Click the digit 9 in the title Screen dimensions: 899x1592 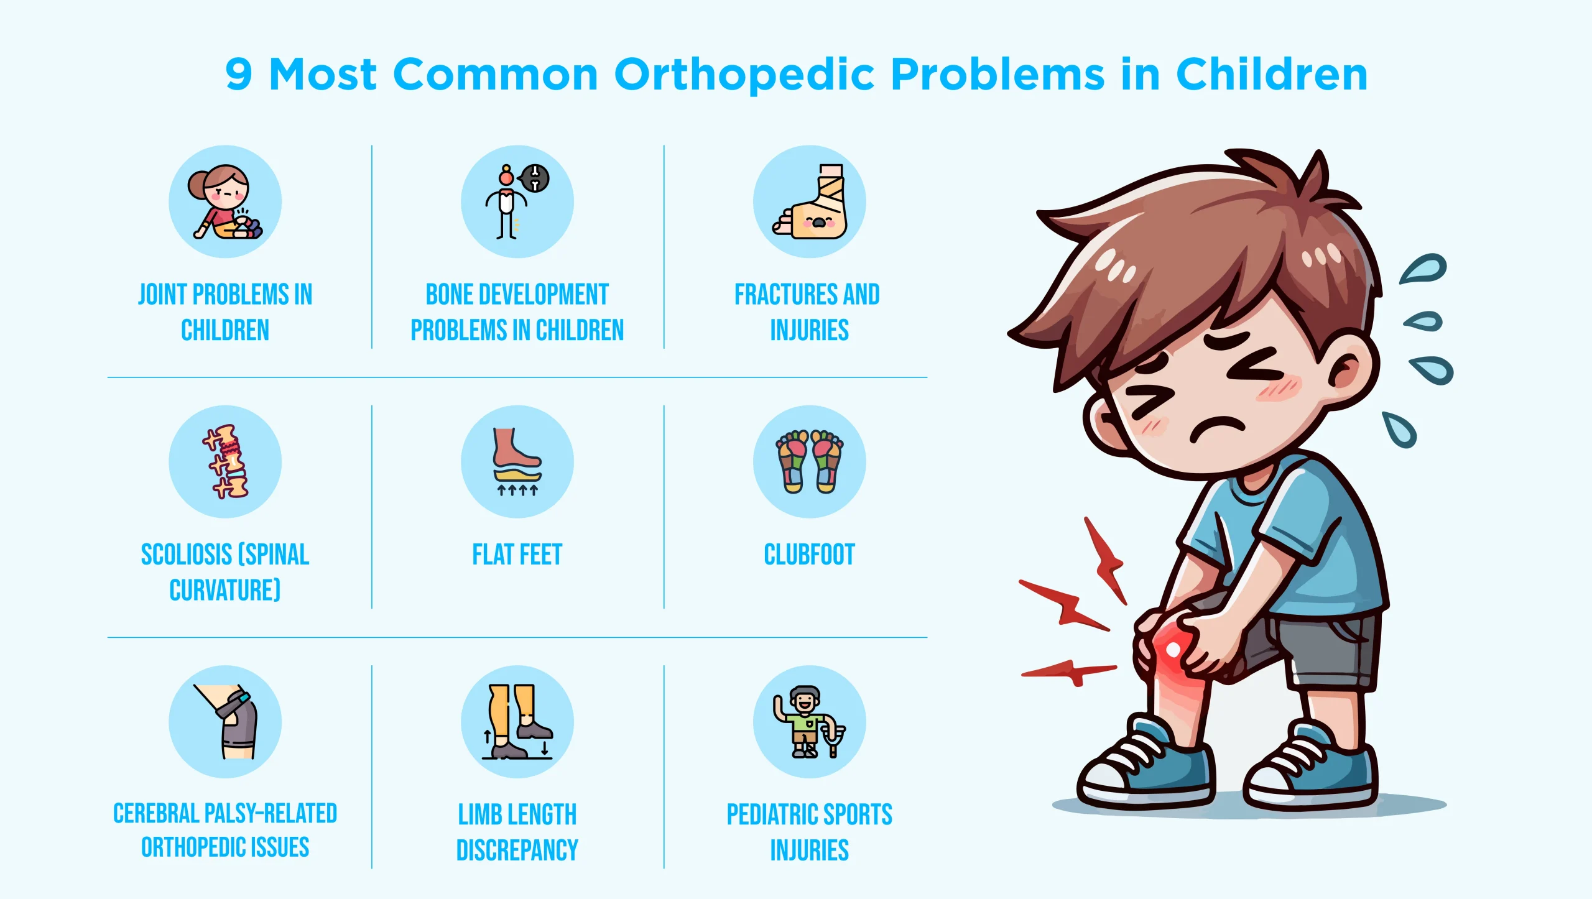pos(239,75)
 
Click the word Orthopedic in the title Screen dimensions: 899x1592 pos(744,75)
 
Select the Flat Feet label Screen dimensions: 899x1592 pos(517,555)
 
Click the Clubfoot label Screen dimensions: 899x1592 pos(809,555)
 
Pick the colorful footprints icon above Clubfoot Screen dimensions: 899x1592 pos(810,461)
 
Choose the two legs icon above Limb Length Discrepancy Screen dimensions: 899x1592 pos(517,722)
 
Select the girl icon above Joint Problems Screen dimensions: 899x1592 pos(225,202)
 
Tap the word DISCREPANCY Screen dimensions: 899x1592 pos(517,850)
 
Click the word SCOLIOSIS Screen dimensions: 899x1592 pos(187,555)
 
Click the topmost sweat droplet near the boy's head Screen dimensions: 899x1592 pos(1424,269)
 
